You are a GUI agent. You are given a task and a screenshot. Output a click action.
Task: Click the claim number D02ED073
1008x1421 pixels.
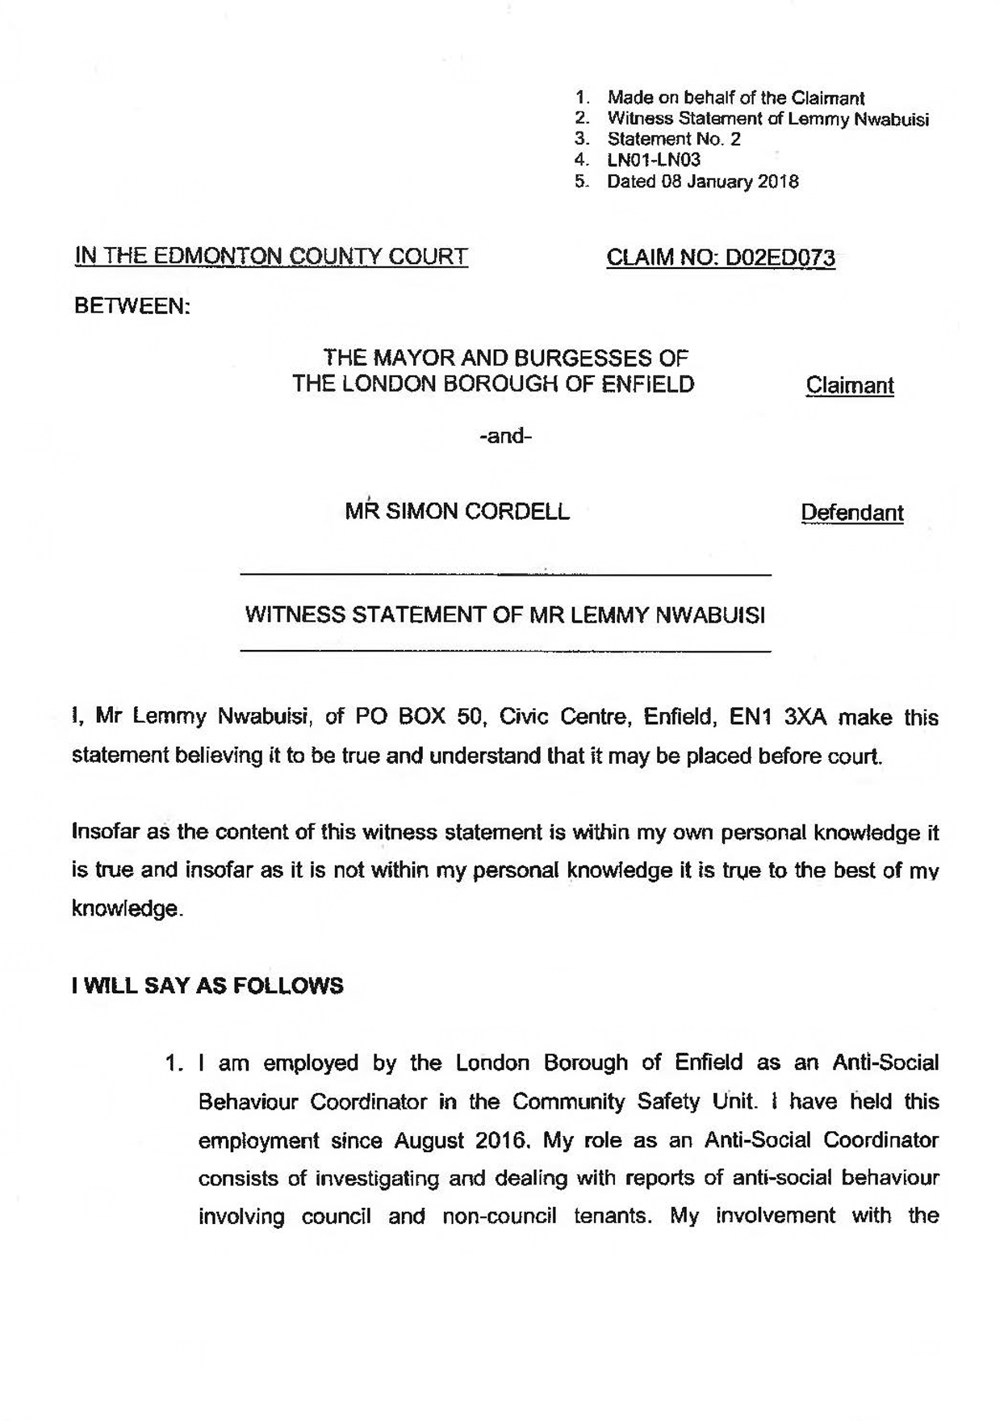(780, 258)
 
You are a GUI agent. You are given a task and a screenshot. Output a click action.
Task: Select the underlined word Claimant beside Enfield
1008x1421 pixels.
(850, 385)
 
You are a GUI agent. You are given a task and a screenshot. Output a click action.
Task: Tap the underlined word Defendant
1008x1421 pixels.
(851, 513)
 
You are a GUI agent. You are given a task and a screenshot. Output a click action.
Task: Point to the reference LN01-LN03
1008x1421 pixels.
(654, 160)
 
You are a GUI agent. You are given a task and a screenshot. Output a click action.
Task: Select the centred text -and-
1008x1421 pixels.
(505, 437)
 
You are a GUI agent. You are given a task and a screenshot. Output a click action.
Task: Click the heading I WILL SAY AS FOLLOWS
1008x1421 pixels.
(207, 986)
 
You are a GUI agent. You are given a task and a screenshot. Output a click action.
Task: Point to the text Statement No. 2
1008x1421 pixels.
(674, 139)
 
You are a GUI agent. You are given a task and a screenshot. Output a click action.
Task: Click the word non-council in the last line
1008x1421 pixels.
(500, 1216)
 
